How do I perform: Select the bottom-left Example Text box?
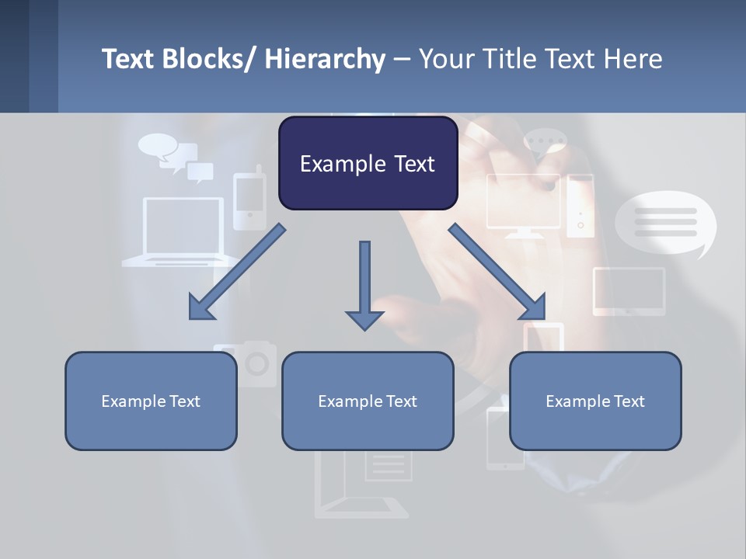click(x=151, y=401)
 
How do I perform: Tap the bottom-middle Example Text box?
click(x=368, y=401)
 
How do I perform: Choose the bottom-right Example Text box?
click(x=595, y=401)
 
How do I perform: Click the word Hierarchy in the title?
click(x=325, y=59)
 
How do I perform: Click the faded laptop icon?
click(x=183, y=232)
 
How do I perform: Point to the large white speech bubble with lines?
click(x=666, y=223)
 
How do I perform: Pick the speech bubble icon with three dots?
click(x=545, y=144)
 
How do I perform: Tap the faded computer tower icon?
click(x=580, y=205)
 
